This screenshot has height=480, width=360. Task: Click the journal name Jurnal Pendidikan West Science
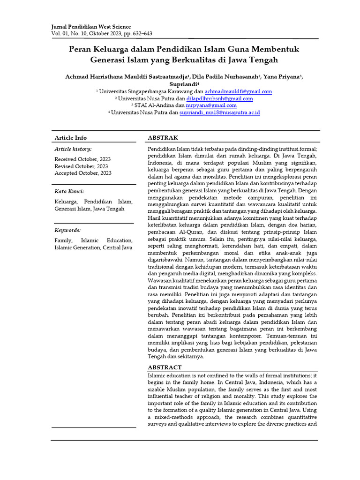(x=91, y=27)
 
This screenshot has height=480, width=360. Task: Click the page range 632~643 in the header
(x=141, y=34)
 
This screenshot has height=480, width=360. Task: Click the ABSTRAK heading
(x=163, y=137)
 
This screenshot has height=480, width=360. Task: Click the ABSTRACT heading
(x=165, y=367)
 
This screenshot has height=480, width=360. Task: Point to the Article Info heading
(x=71, y=138)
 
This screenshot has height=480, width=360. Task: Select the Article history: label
(x=73, y=149)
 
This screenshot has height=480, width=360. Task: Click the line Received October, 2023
(x=83, y=159)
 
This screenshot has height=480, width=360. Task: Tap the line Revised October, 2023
(x=81, y=166)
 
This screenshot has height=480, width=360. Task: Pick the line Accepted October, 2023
(x=83, y=173)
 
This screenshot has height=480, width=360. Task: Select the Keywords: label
(x=68, y=230)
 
